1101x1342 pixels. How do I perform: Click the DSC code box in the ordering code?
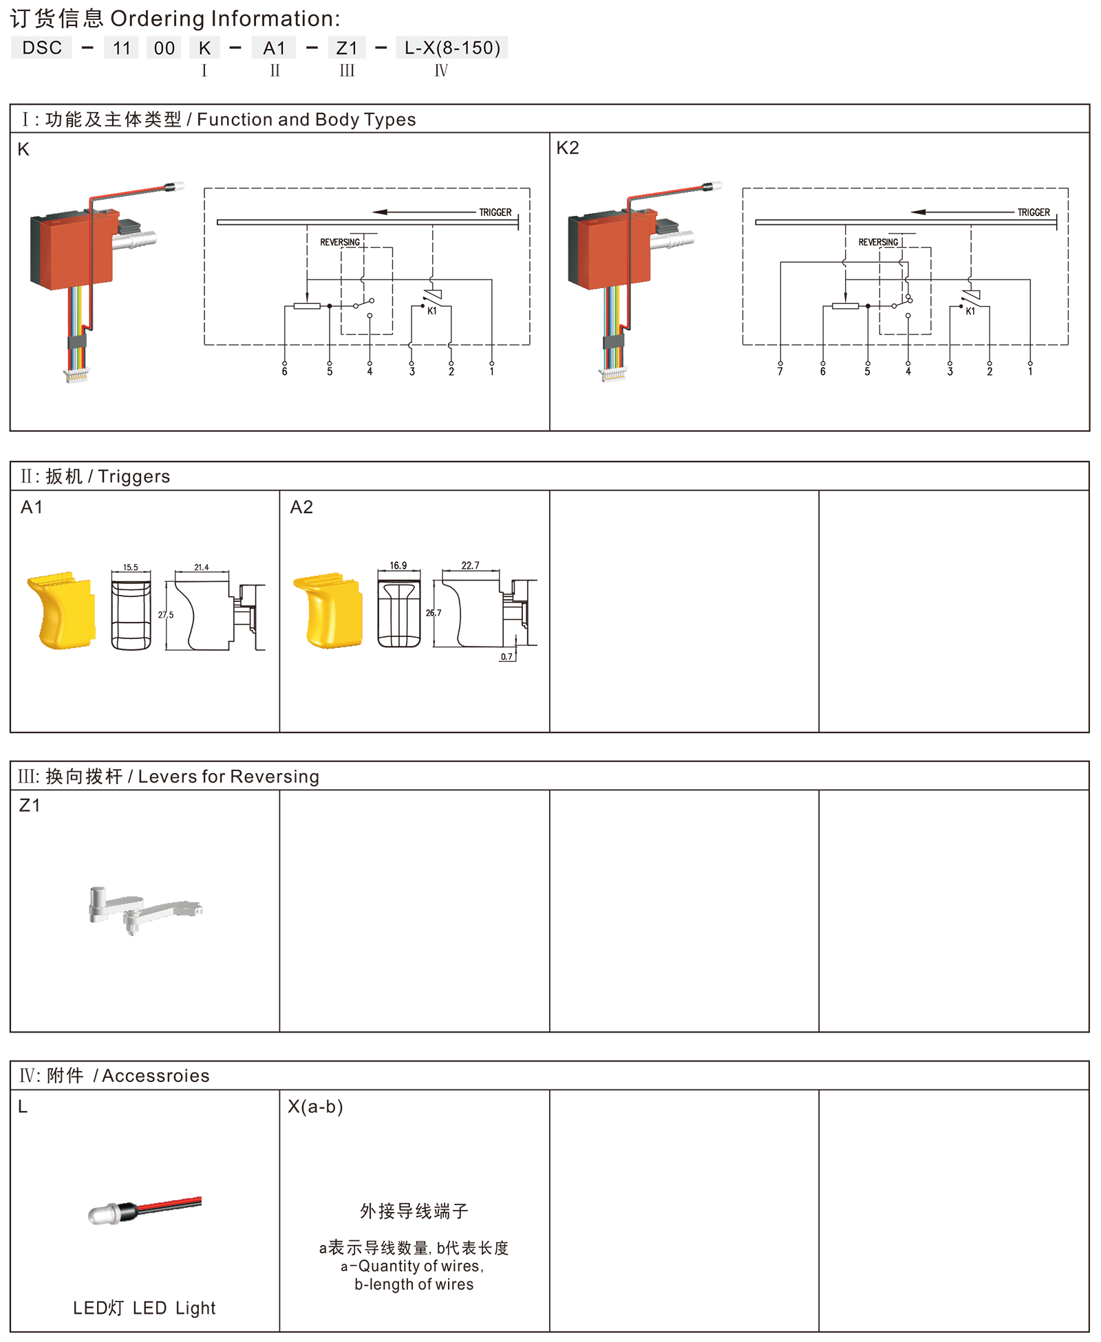pos(41,47)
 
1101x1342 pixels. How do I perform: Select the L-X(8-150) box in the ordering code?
pos(452,47)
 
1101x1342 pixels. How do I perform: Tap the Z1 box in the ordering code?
pos(347,47)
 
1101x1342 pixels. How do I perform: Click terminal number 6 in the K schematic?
pos(284,371)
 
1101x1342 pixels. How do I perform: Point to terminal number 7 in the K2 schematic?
pos(780,371)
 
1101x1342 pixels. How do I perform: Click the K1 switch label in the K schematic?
pos(432,311)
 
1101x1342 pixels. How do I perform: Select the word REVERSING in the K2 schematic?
pos(878,242)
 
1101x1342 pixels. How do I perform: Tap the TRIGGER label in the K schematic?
pos(495,213)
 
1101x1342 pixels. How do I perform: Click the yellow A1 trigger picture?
pos(61,610)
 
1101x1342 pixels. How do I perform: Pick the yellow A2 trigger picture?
pos(328,610)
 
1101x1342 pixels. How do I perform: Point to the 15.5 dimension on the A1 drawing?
pos(131,567)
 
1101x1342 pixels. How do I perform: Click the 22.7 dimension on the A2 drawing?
pos(471,565)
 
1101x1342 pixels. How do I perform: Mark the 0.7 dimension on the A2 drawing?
pos(506,657)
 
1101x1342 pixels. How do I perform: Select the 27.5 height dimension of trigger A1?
pos(166,615)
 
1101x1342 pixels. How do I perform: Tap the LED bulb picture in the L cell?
pos(145,1210)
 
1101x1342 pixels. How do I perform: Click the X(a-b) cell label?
pos(315,1107)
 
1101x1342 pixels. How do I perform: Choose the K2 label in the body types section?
pos(568,148)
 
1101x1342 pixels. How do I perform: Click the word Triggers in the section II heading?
pos(133,476)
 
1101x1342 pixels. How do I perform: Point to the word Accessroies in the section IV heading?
pos(156,1076)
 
